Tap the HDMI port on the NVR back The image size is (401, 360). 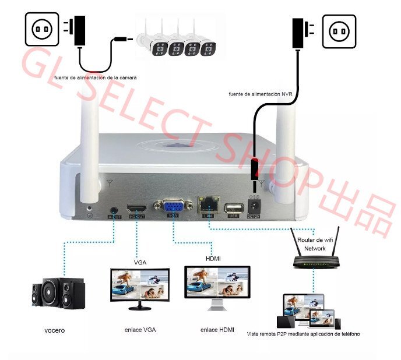coord(138,208)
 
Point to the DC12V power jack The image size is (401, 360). coord(255,206)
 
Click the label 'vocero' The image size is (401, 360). coord(54,331)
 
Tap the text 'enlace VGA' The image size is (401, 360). coord(140,330)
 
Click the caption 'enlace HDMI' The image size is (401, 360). coord(217,330)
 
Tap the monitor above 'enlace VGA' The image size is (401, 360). coord(139,286)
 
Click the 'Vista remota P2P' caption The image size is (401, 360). coord(303,334)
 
